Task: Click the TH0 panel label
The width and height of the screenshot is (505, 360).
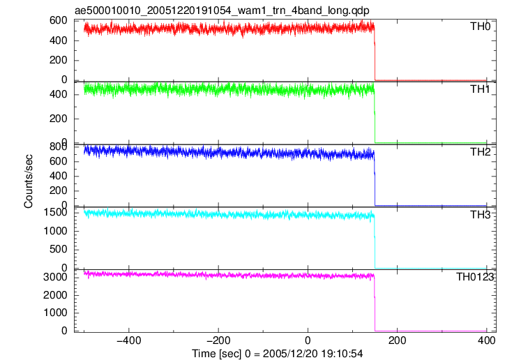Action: coord(480,26)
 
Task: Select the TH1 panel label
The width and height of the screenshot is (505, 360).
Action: coord(480,89)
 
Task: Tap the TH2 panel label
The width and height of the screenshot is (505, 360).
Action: coord(480,151)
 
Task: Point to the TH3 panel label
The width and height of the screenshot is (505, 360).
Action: coord(480,214)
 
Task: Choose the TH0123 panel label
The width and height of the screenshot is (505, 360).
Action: coord(475,277)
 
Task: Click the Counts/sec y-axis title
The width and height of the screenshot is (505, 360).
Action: coord(29,181)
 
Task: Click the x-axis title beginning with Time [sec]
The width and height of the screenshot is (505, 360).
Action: coord(278,354)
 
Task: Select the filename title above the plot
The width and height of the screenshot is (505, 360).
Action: coord(222,10)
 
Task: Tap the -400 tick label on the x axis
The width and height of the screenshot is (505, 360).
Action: coord(129,340)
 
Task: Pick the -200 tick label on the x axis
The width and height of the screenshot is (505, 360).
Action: coord(218,340)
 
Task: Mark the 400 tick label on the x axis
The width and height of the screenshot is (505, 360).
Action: coord(486,340)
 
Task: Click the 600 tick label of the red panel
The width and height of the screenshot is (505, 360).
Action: coord(59,21)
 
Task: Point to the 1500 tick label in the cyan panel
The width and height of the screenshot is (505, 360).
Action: coord(55,212)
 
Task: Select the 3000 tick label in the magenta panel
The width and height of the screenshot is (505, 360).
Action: coord(55,277)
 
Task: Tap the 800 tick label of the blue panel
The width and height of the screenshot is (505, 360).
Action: coord(59,147)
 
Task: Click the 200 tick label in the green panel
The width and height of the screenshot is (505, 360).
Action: coord(59,119)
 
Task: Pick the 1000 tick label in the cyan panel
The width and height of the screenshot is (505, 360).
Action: coord(55,231)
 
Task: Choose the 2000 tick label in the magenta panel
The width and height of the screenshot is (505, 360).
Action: coord(55,295)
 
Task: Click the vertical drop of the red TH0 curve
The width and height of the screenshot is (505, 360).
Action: coord(375,54)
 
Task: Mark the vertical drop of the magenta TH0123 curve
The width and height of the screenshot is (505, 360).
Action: coord(375,303)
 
